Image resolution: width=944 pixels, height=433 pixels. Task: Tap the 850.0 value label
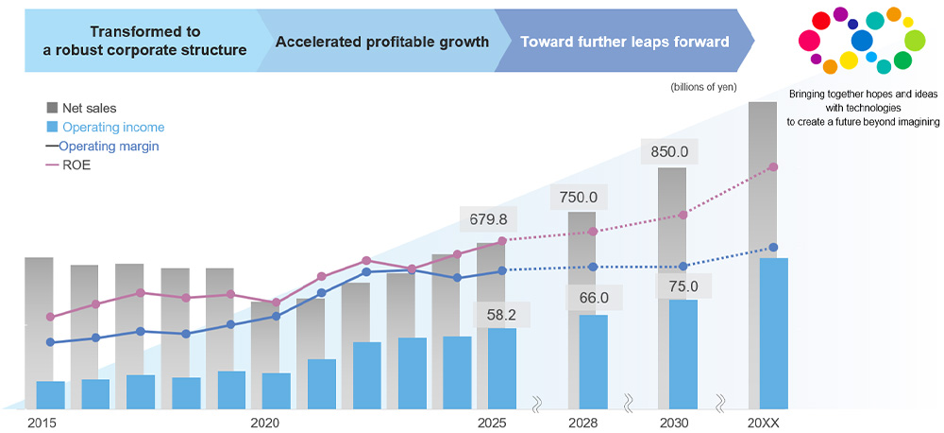[669, 151]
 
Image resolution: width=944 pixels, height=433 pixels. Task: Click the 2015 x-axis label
[42, 422]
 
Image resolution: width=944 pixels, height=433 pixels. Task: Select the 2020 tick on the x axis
[265, 422]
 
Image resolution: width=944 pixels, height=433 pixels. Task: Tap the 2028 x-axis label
[582, 422]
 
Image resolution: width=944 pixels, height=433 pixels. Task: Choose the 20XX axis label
[763, 422]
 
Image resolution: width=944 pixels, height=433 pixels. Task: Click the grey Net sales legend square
[52, 109]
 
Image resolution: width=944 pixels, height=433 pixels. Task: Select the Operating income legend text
[113, 128]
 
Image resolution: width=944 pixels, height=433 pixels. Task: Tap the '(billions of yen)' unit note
[703, 87]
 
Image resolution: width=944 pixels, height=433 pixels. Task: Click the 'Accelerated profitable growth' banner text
[381, 42]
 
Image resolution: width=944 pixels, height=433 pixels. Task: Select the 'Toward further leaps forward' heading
[625, 42]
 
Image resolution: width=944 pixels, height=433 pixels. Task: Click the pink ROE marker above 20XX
[774, 167]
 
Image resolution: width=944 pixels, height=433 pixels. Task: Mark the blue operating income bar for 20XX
[774, 331]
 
